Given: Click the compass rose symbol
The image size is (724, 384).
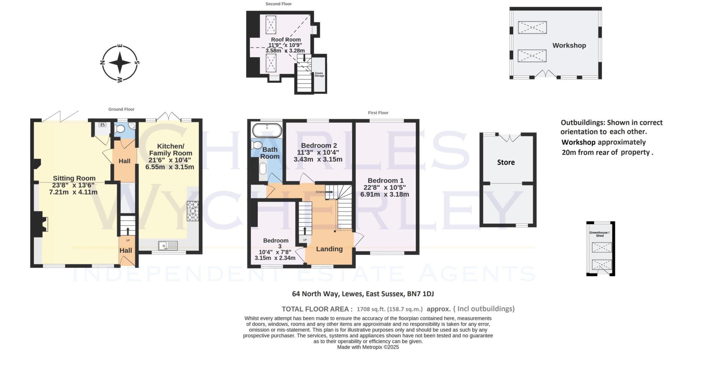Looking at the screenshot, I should pyautogui.click(x=120, y=63).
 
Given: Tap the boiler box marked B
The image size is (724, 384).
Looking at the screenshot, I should pyautogui.click(x=102, y=125).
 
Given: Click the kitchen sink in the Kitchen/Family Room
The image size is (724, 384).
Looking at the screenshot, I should pyautogui.click(x=168, y=246).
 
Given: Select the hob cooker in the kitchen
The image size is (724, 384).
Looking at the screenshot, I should pyautogui.click(x=193, y=211).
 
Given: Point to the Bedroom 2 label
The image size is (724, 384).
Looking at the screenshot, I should pyautogui.click(x=319, y=145).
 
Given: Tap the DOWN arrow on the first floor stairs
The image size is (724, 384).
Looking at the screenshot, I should pyautogui.click(x=328, y=192).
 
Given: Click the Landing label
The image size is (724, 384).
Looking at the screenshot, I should pyautogui.click(x=329, y=249).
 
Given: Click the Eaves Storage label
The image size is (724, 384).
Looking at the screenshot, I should pyautogui.click(x=319, y=74).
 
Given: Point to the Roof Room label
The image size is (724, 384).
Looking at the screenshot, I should pyautogui.click(x=286, y=40).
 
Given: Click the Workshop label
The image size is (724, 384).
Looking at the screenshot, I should pyautogui.click(x=569, y=46).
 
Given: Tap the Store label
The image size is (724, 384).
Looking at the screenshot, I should pyautogui.click(x=506, y=162).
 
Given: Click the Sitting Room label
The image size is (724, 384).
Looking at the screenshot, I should pyautogui.click(x=74, y=178).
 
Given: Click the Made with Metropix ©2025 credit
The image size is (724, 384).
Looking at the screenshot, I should pyautogui.click(x=368, y=347).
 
